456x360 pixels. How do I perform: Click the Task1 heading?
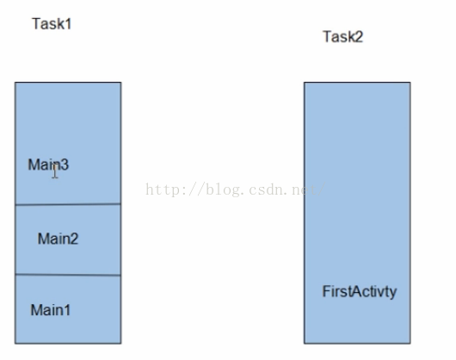coord(52,23)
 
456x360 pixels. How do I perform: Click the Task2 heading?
coord(343,37)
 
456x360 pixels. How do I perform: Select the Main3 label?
coord(48,164)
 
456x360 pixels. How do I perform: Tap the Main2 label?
coord(58,239)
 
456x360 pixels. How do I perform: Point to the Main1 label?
coord(50,310)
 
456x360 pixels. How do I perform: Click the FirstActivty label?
coord(360,292)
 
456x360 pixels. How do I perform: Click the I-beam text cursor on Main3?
coord(55,171)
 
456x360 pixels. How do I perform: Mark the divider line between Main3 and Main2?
coord(68,204)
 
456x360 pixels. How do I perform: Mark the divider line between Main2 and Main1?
coord(68,275)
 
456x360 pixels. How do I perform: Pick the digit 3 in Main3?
coord(65,164)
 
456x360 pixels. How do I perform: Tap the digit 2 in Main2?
coord(75,239)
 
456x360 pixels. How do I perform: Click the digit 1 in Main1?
coord(67,310)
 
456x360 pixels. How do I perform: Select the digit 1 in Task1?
coord(69,23)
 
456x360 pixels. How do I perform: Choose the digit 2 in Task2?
coord(359,37)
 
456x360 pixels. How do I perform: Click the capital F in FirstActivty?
coord(326,291)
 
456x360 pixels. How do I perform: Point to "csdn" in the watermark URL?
coord(266,190)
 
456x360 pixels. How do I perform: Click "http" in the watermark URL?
coord(163,189)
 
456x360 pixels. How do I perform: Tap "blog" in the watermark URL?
coord(224,190)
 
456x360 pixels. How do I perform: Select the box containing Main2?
coord(68,239)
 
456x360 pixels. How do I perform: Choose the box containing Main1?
coord(68,309)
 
